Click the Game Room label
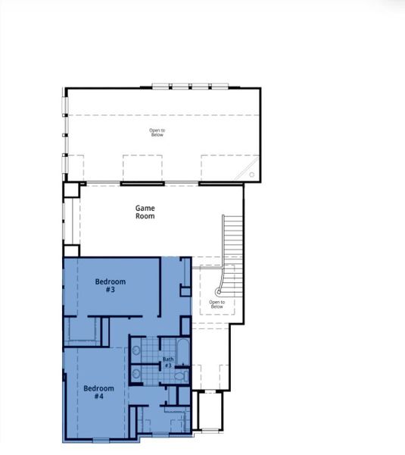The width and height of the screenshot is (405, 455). coord(145,212)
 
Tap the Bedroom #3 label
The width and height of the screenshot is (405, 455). coord(110,285)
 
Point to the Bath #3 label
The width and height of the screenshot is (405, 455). coord(168,362)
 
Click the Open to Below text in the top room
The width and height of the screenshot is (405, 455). coord(157,132)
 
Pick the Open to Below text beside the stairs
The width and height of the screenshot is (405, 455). coord(217,305)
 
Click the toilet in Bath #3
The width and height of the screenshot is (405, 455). coord(179,375)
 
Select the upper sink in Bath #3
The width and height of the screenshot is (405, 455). coord(136,350)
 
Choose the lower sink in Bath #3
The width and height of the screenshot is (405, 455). coord(136,374)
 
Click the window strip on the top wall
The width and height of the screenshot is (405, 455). coord(181,86)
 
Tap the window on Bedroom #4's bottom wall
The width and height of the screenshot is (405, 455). coord(101,441)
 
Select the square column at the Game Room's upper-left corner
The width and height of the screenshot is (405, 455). coord(70,190)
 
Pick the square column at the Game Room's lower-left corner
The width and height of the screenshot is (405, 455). coord(71,250)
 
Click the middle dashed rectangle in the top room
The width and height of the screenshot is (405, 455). coord(142,168)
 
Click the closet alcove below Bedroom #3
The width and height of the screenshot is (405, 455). coord(81,331)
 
